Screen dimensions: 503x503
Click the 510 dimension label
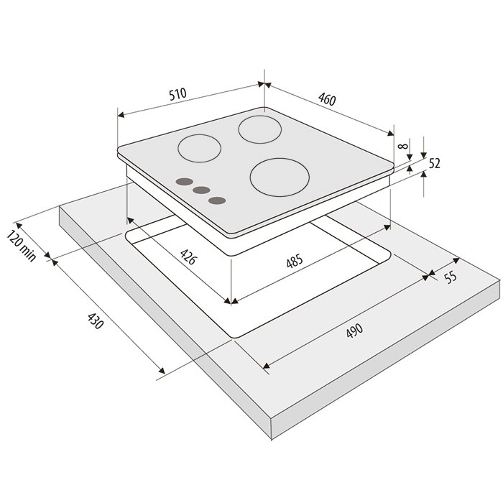pos(177,94)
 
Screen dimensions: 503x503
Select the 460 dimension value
pos(327,99)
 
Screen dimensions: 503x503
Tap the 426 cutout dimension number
pos(188,257)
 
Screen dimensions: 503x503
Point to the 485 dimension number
pos(295,260)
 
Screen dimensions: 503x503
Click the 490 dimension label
pos(354,330)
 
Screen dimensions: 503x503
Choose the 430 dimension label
pos(96,321)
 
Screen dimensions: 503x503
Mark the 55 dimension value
pos(451,277)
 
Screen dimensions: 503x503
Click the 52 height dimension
pos(434,164)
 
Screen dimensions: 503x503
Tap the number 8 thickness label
pos(402,147)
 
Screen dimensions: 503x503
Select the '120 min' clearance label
pos(21,246)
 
